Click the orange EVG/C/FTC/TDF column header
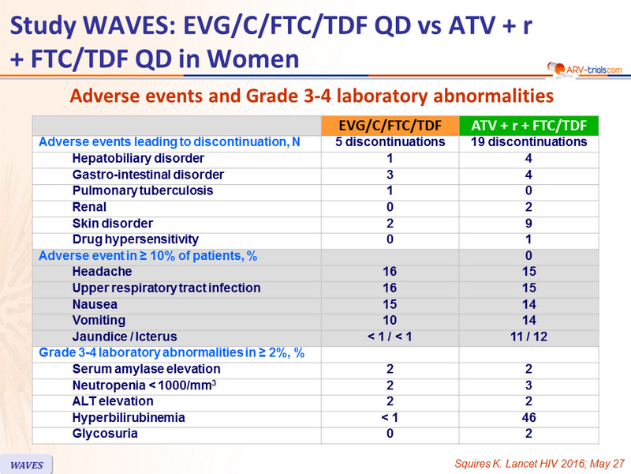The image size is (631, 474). click(390, 126)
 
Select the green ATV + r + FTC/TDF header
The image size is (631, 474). click(528, 126)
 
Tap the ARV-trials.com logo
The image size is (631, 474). click(584, 70)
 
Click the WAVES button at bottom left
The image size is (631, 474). click(26, 465)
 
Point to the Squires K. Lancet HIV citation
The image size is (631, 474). click(540, 464)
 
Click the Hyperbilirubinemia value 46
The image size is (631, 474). click(528, 417)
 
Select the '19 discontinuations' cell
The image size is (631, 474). click(528, 142)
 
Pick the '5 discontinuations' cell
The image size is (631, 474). click(390, 142)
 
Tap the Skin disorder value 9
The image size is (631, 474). click(528, 224)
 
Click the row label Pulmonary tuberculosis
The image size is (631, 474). click(143, 190)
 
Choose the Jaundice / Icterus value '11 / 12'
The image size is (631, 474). click(528, 337)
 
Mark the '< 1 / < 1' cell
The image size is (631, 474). click(390, 337)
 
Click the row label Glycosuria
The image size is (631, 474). click(105, 434)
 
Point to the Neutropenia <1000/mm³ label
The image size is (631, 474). click(144, 386)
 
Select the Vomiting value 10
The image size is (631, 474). click(390, 320)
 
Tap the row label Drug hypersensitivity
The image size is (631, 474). click(135, 239)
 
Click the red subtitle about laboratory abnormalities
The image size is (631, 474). click(312, 96)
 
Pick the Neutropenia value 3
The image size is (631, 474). click(528, 386)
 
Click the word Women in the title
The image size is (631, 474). click(252, 58)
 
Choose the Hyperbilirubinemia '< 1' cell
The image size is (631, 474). click(390, 417)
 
